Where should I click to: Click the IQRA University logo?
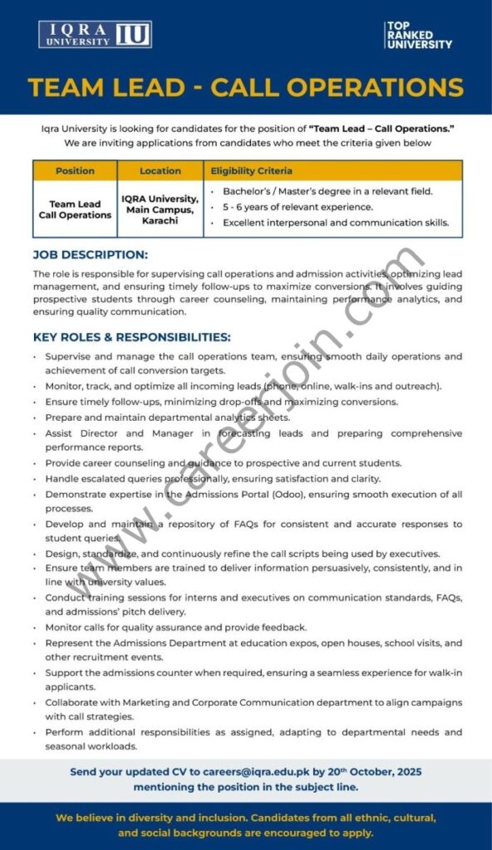[x=95, y=34]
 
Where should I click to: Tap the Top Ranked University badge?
[x=418, y=35]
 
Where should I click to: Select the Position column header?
[x=75, y=171]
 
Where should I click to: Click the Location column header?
[x=160, y=171]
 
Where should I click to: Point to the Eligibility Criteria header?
[x=252, y=171]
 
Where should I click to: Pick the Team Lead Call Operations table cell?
[x=75, y=209]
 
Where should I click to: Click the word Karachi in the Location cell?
[x=160, y=222]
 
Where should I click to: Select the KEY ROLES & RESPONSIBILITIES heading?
[x=132, y=337]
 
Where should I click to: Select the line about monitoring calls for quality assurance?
[x=176, y=628]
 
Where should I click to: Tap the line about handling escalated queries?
[x=213, y=479]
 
